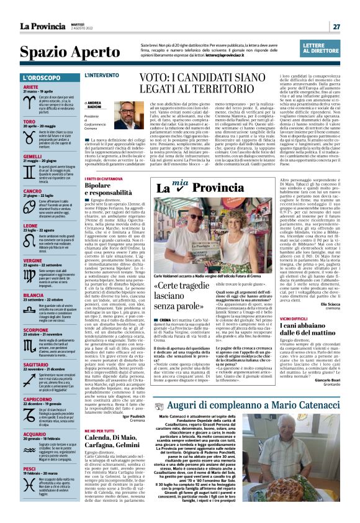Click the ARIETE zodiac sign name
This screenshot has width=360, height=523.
pyautogui.click(x=32, y=87)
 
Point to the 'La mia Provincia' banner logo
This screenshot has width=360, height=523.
pyautogui.click(x=192, y=188)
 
